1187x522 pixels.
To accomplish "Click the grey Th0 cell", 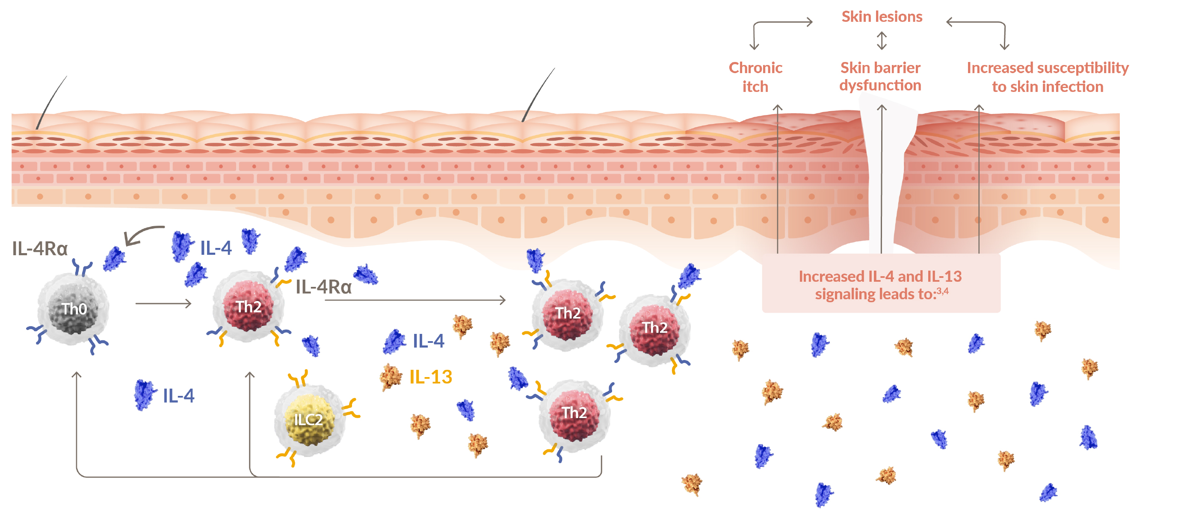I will point(74,309).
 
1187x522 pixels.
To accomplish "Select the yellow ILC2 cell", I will point(308,419).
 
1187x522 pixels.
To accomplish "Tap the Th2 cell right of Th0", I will point(249,307).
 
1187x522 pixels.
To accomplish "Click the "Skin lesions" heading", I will point(882,17).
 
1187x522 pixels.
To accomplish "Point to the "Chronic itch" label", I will point(755,77).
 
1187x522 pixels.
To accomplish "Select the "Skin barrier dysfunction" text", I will point(880,77).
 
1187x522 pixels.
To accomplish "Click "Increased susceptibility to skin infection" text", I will point(1048,77).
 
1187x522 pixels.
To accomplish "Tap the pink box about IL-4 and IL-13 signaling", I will point(881,285).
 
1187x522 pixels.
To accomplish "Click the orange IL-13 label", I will point(431,377).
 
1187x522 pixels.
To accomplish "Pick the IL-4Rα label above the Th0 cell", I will point(40,249).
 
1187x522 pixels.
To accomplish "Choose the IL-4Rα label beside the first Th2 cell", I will point(323,287).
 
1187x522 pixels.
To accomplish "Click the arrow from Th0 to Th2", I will point(163,303).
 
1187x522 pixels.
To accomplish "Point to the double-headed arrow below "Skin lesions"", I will point(882,41).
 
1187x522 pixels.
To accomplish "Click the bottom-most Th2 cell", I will point(574,413).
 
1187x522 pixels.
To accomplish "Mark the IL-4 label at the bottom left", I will point(179,396).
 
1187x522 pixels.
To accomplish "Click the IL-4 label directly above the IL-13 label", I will point(428,341).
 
